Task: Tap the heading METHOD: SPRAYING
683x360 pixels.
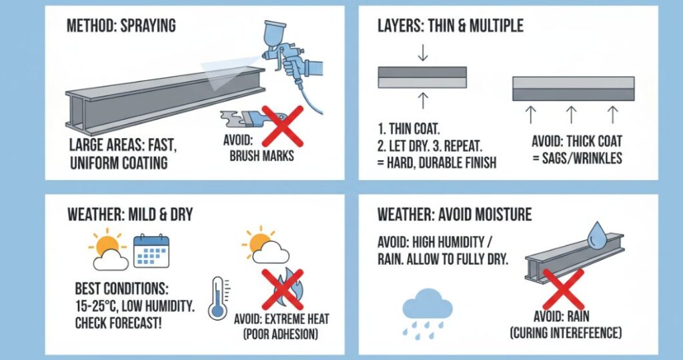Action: click(x=121, y=26)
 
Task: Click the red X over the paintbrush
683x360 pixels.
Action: click(x=282, y=126)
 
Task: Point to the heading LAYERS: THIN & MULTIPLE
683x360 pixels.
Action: click(x=450, y=26)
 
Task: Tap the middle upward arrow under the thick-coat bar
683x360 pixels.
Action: click(x=571, y=115)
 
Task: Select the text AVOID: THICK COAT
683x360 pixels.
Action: click(x=577, y=141)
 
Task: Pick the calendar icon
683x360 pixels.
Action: click(x=151, y=251)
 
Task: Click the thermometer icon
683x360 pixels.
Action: click(x=219, y=299)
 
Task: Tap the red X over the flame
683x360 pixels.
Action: click(x=282, y=289)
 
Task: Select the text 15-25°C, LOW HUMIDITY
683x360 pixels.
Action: click(x=135, y=306)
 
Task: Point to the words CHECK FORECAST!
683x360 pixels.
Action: click(x=119, y=323)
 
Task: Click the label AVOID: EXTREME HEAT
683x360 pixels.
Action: click(x=281, y=319)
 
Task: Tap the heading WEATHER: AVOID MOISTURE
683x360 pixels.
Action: click(x=454, y=215)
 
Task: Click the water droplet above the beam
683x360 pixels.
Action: click(x=597, y=235)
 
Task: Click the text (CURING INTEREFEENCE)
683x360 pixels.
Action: click(x=566, y=333)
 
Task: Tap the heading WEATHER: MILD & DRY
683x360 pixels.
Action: click(x=130, y=215)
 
